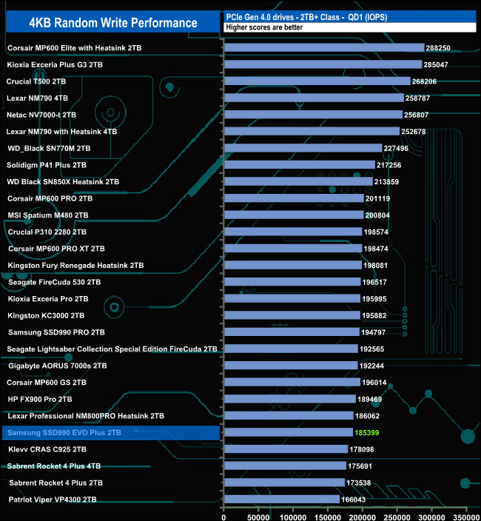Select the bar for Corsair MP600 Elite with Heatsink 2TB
323,48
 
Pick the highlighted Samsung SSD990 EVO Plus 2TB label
64,432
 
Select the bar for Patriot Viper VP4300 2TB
281,500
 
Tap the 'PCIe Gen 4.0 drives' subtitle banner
348,16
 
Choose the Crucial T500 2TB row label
36,81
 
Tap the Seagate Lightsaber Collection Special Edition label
112,349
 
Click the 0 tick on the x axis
223,514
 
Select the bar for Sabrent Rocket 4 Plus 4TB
285,465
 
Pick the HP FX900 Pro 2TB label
41,399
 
